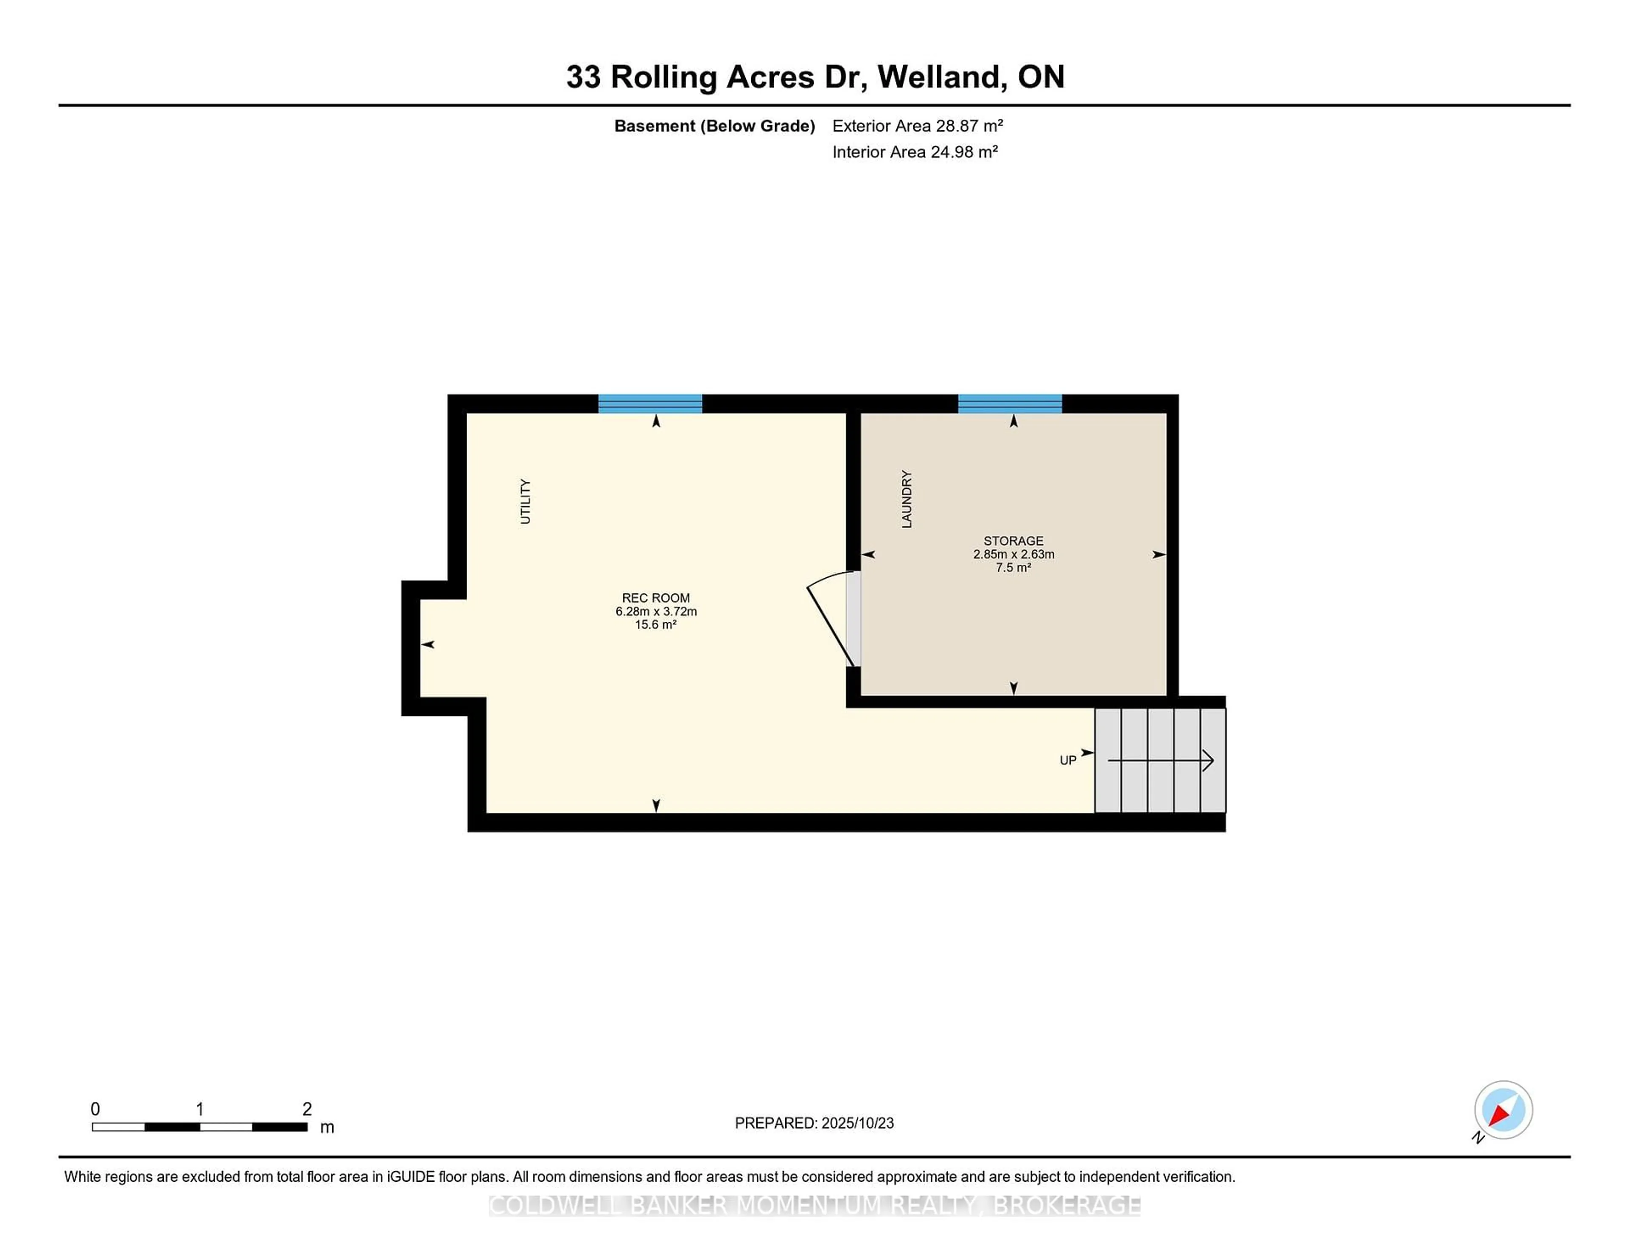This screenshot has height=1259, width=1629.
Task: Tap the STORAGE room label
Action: tap(1013, 541)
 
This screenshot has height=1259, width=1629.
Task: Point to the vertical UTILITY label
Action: tap(525, 501)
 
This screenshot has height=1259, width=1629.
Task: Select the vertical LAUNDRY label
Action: tap(906, 499)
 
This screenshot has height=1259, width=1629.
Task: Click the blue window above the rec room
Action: tap(649, 403)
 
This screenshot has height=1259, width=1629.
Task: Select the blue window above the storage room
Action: tap(1010, 403)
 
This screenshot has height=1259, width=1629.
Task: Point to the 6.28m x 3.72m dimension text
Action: tap(655, 611)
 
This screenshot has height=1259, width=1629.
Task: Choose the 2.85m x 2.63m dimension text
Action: tap(1013, 554)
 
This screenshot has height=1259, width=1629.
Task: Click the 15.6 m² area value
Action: tap(655, 624)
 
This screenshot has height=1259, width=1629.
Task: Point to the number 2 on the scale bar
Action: tap(307, 1109)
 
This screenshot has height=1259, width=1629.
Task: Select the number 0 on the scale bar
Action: tap(95, 1109)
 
